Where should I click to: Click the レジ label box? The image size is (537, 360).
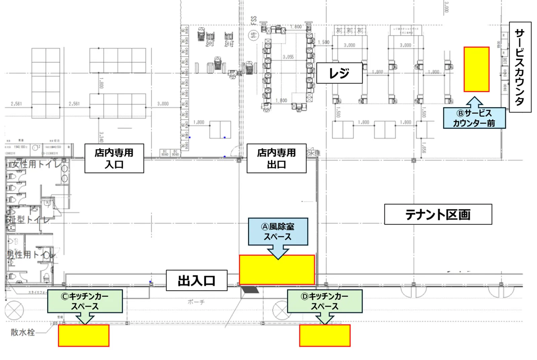[339, 73]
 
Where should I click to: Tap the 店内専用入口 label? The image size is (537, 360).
[114, 158]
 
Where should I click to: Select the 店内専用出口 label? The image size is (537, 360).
[276, 158]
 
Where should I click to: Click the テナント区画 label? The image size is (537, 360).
[438, 214]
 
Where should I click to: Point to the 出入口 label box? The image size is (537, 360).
[196, 281]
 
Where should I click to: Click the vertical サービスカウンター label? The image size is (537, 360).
[520, 67]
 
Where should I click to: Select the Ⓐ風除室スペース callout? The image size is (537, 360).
[278, 231]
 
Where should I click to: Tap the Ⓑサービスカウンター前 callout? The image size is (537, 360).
[474, 118]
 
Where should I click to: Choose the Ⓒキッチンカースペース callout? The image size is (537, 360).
[85, 301]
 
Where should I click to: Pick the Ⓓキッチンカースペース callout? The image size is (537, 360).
[324, 301]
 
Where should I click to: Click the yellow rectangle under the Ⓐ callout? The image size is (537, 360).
[277, 269]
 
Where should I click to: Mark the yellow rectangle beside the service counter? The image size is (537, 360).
[476, 69]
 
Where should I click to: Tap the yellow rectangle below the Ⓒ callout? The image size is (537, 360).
[83, 335]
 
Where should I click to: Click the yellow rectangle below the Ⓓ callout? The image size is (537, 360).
[325, 335]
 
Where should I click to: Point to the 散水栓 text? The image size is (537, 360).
[23, 332]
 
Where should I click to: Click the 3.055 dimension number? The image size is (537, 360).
[288, 57]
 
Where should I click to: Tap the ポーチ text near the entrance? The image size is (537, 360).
[196, 302]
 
